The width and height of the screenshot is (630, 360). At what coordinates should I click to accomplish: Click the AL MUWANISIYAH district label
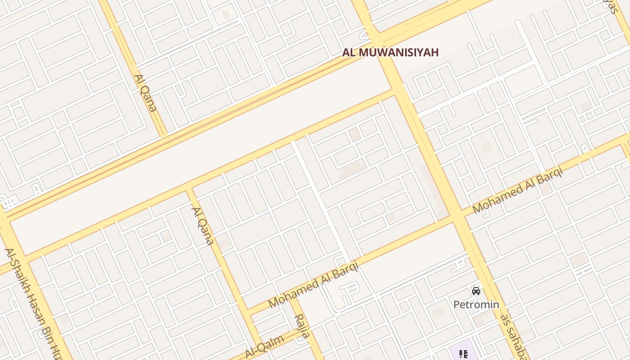tap(390, 52)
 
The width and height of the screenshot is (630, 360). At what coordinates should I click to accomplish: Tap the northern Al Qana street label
tap(145, 93)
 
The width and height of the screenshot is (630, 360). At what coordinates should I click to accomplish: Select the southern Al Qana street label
tap(202, 225)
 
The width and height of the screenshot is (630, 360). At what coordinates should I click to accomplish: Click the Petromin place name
tap(476, 305)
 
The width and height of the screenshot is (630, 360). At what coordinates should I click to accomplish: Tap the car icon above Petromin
tap(476, 291)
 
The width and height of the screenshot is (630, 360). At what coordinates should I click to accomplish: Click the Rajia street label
tap(302, 326)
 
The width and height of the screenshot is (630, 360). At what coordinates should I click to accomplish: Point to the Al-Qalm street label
tap(265, 346)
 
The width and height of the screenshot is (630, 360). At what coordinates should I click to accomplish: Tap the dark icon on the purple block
tap(463, 354)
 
